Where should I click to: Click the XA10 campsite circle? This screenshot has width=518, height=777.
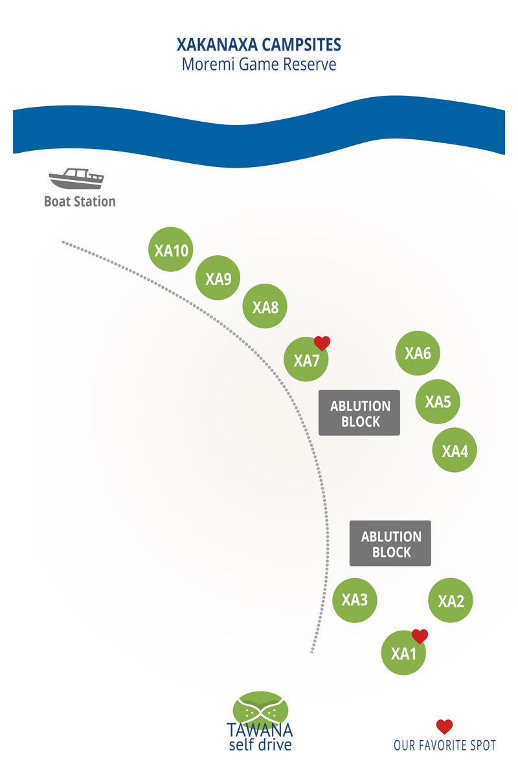coord(172,250)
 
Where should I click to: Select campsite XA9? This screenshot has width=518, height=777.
coord(218,279)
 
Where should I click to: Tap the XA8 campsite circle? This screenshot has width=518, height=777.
coord(265,308)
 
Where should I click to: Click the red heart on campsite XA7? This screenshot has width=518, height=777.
coord(322,343)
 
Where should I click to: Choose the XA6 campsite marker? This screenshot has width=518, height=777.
coord(418,354)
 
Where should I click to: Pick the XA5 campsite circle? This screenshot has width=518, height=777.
coord(438,401)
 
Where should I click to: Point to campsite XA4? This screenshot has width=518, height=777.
coord(455,450)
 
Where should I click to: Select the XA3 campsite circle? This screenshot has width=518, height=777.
coord(355,600)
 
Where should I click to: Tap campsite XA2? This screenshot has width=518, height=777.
coord(451,601)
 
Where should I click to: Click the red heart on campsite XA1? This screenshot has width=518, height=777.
coord(420,636)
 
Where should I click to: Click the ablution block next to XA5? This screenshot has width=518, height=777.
coord(359,413)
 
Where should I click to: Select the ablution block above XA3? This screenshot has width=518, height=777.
coord(390,544)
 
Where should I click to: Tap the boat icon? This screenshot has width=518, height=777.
coord(76,178)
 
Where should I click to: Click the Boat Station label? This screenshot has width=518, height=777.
coord(80,201)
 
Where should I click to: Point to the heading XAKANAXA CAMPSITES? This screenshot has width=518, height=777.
coord(259,45)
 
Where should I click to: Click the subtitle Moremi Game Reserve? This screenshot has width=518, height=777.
coord(259,65)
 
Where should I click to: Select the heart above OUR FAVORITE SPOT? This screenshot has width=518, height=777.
coord(444,726)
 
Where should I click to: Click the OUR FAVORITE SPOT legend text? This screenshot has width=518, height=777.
coord(445,746)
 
